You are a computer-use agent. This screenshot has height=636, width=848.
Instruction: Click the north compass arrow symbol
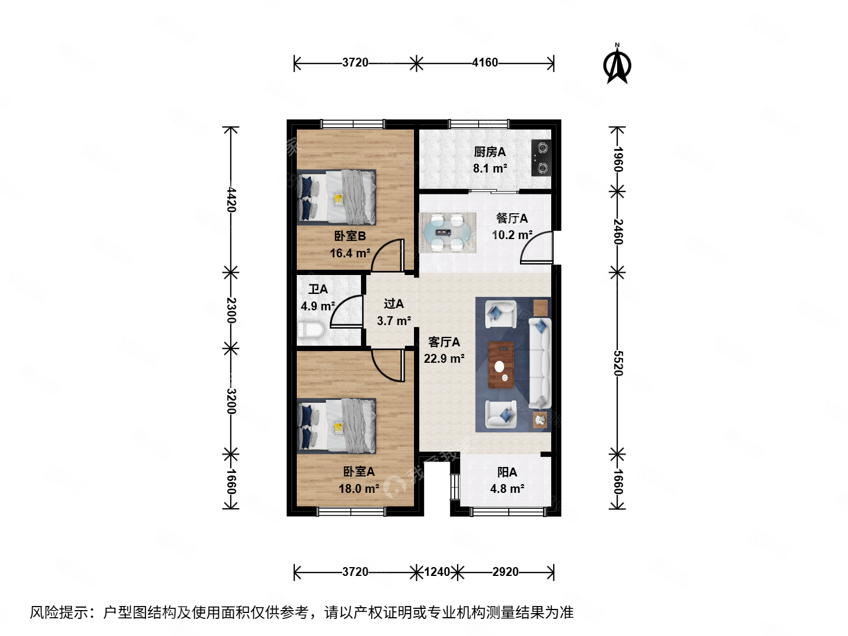pyautogui.click(x=617, y=65)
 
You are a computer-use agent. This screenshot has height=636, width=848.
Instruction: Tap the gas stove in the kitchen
pyautogui.click(x=541, y=158)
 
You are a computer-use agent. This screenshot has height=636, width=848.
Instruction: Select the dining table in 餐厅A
pyautogui.click(x=448, y=233)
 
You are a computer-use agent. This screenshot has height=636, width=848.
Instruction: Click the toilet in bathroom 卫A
pyautogui.click(x=310, y=330)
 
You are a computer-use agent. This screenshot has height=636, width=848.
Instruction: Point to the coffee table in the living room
pyautogui.click(x=501, y=365)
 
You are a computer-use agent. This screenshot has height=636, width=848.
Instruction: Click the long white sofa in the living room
pyautogui.click(x=539, y=363)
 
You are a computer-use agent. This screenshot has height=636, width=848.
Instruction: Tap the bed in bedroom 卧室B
pyautogui.click(x=337, y=197)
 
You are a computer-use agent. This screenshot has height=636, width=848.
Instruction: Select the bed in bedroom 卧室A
pyautogui.click(x=337, y=426)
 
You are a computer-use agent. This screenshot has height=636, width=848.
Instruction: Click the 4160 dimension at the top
pyautogui.click(x=485, y=62)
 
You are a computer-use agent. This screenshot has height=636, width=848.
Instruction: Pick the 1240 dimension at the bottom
pyautogui.click(x=437, y=572)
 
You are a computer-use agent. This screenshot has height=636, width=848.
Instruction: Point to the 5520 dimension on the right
pyautogui.click(x=618, y=363)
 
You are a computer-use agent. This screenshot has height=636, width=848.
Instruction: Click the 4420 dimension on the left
pyautogui.click(x=231, y=200)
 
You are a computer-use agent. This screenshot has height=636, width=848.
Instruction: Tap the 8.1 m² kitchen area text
pyautogui.click(x=490, y=168)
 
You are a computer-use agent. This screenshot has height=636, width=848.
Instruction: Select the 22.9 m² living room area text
pyautogui.click(x=444, y=359)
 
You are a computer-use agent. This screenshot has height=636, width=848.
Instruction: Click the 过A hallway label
pyautogui.click(x=393, y=304)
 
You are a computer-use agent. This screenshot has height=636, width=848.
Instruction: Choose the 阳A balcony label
pyautogui.click(x=507, y=472)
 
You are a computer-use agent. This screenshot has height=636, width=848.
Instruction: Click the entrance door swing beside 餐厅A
pyautogui.click(x=538, y=248)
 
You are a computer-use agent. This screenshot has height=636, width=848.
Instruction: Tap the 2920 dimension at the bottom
pyautogui.click(x=505, y=572)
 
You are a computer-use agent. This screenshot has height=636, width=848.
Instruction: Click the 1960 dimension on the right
pyautogui.click(x=618, y=159)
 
